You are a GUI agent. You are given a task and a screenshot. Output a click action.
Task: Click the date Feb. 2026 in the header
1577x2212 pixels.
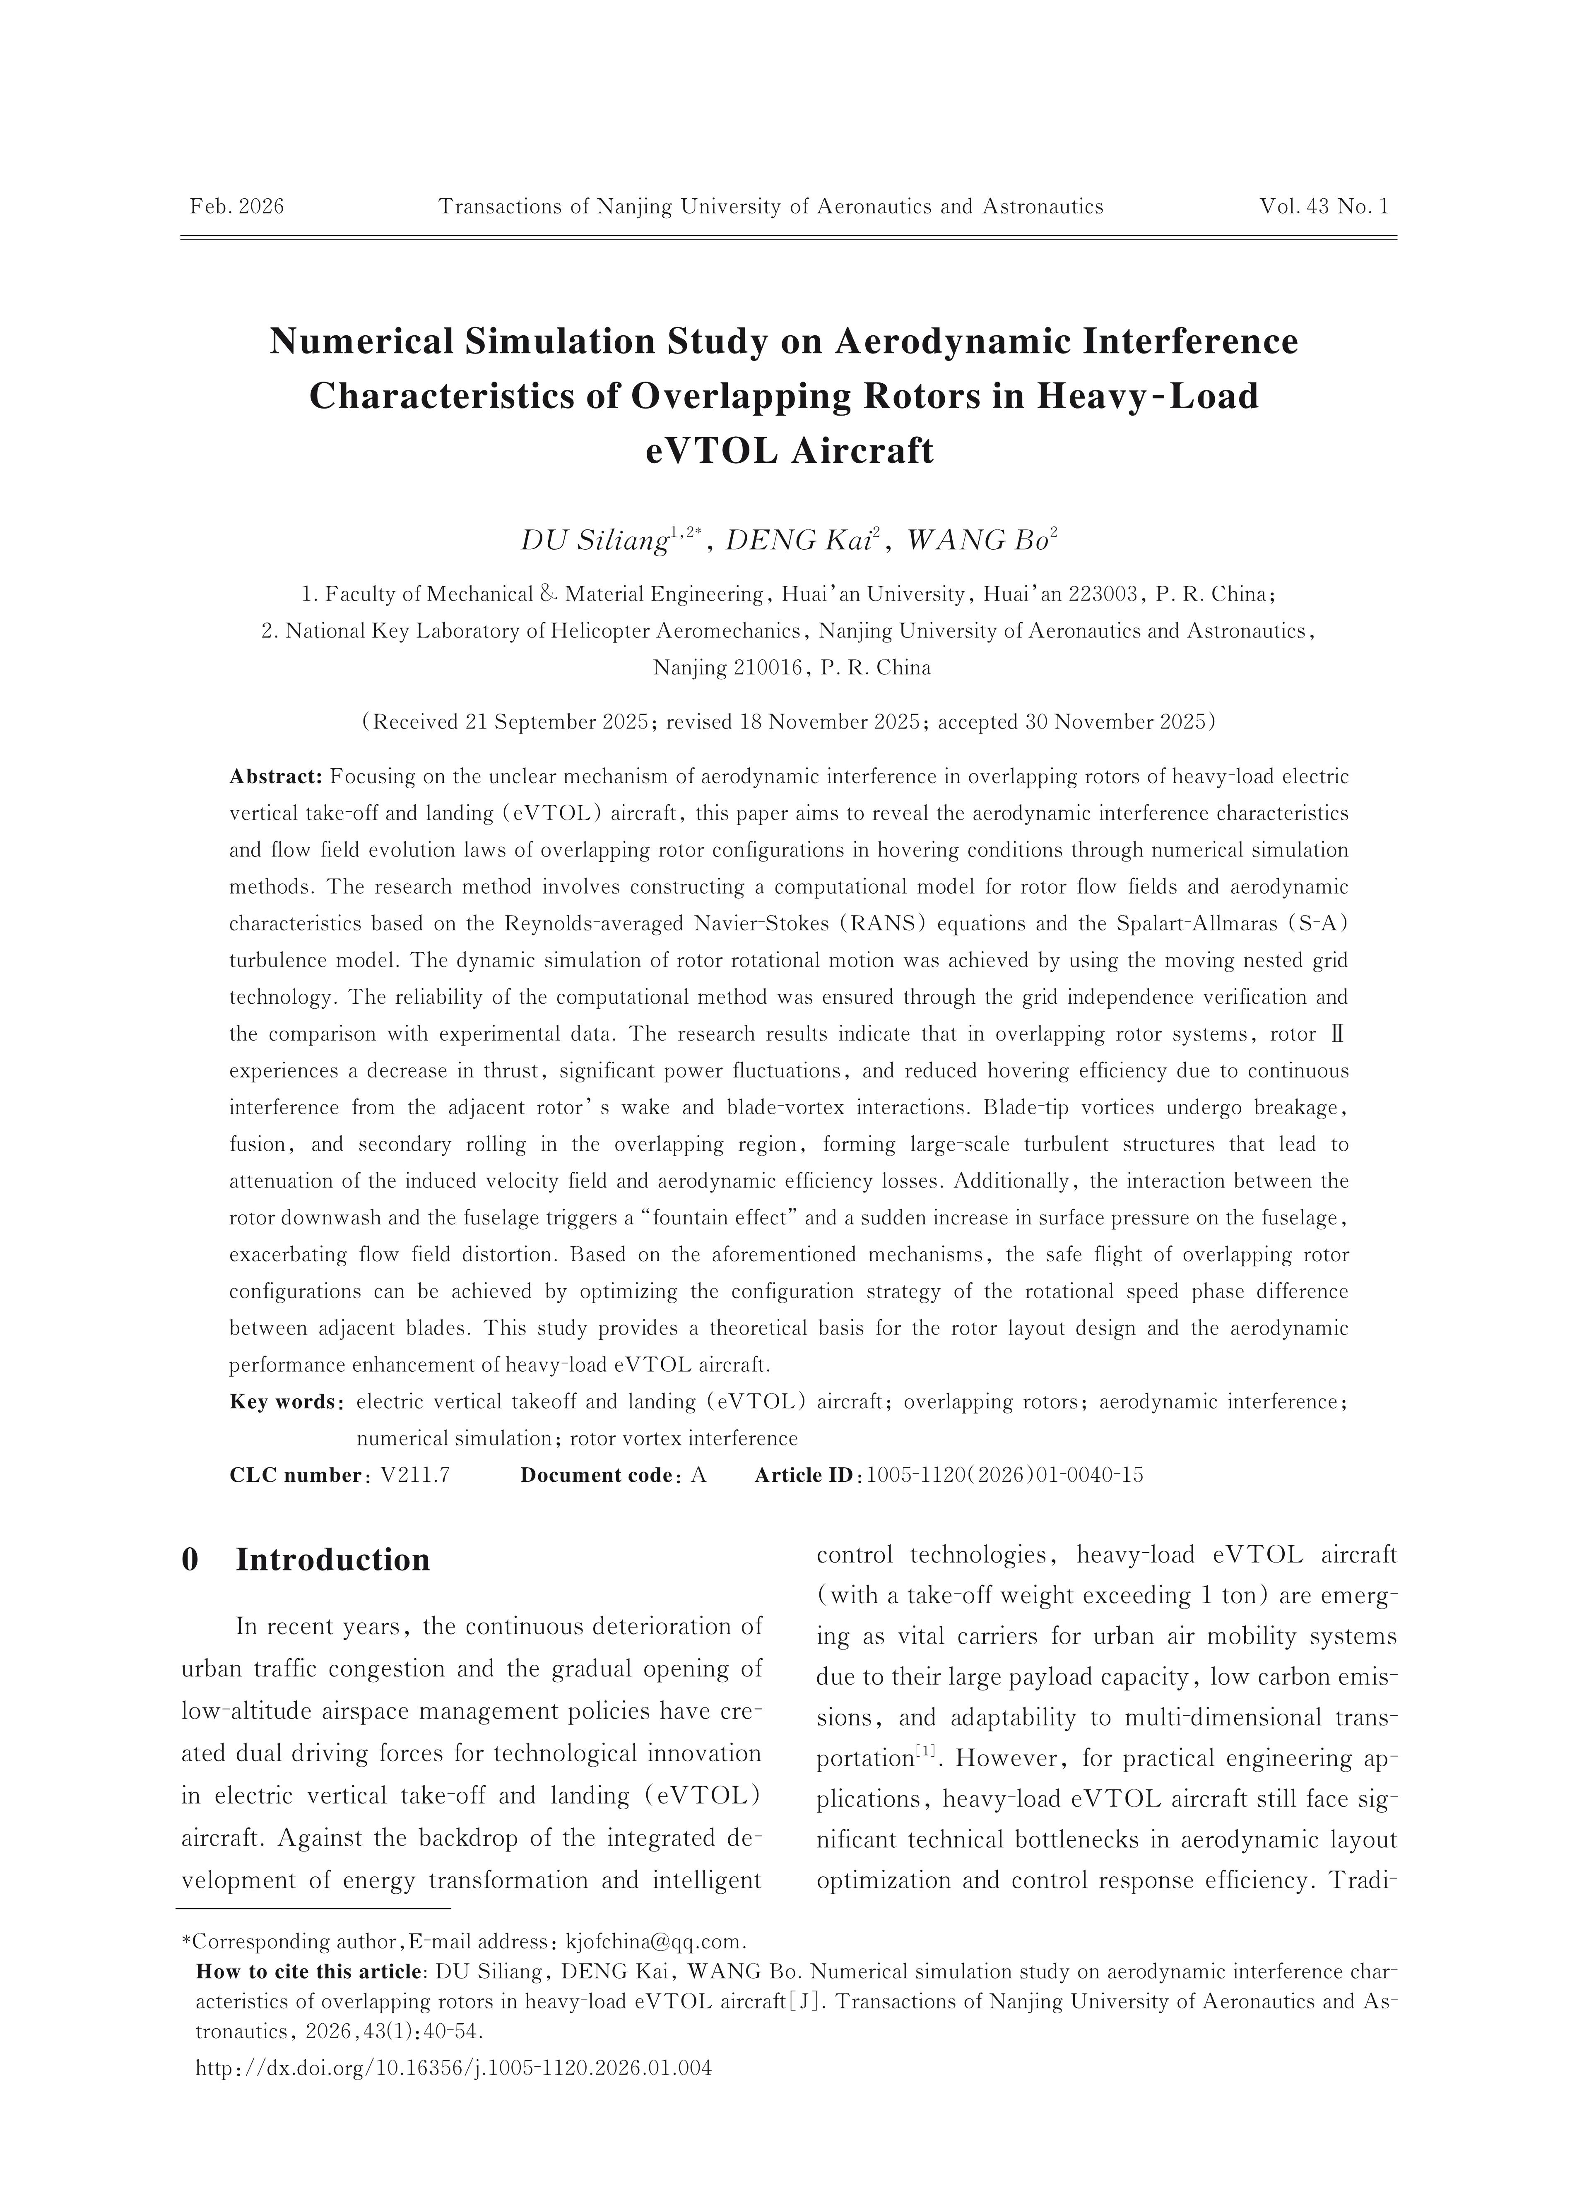coord(237,207)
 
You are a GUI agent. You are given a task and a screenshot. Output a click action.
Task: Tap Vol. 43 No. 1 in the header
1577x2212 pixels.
coord(1324,207)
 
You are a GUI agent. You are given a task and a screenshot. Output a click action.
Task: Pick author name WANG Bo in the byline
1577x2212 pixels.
coord(974,541)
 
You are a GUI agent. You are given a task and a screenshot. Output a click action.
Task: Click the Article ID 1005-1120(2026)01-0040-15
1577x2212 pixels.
coord(1004,1475)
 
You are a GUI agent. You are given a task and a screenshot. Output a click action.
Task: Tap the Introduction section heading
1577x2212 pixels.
coord(332,1560)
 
